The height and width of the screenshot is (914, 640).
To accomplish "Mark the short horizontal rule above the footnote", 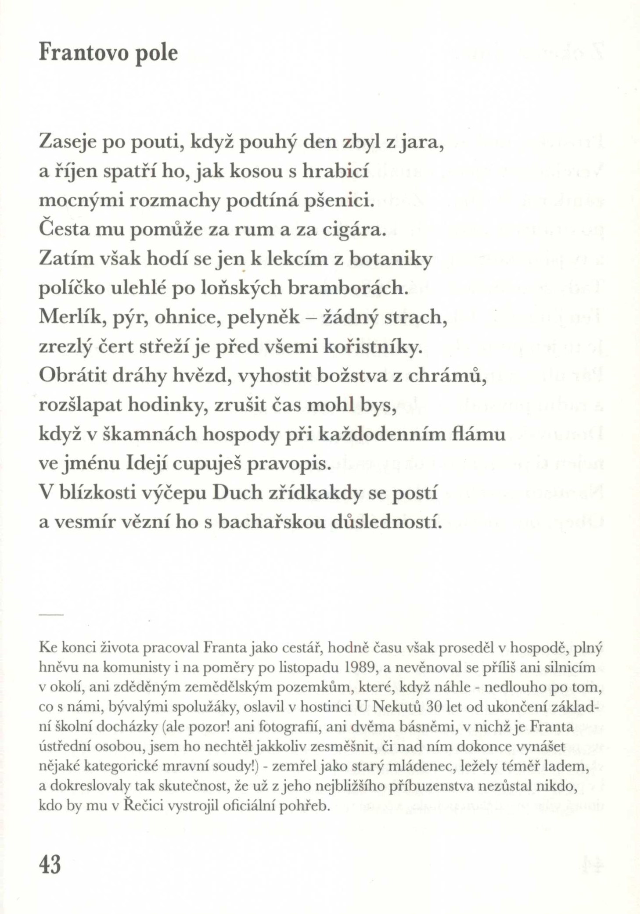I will pos(51,614).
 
